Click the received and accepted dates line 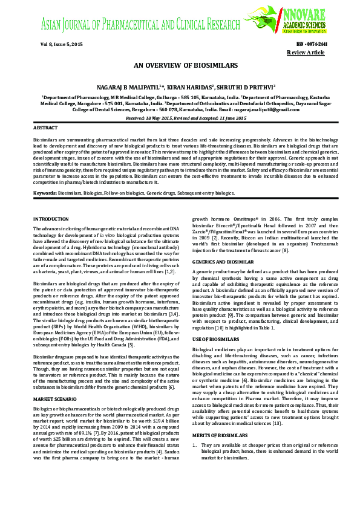point(180,118)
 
